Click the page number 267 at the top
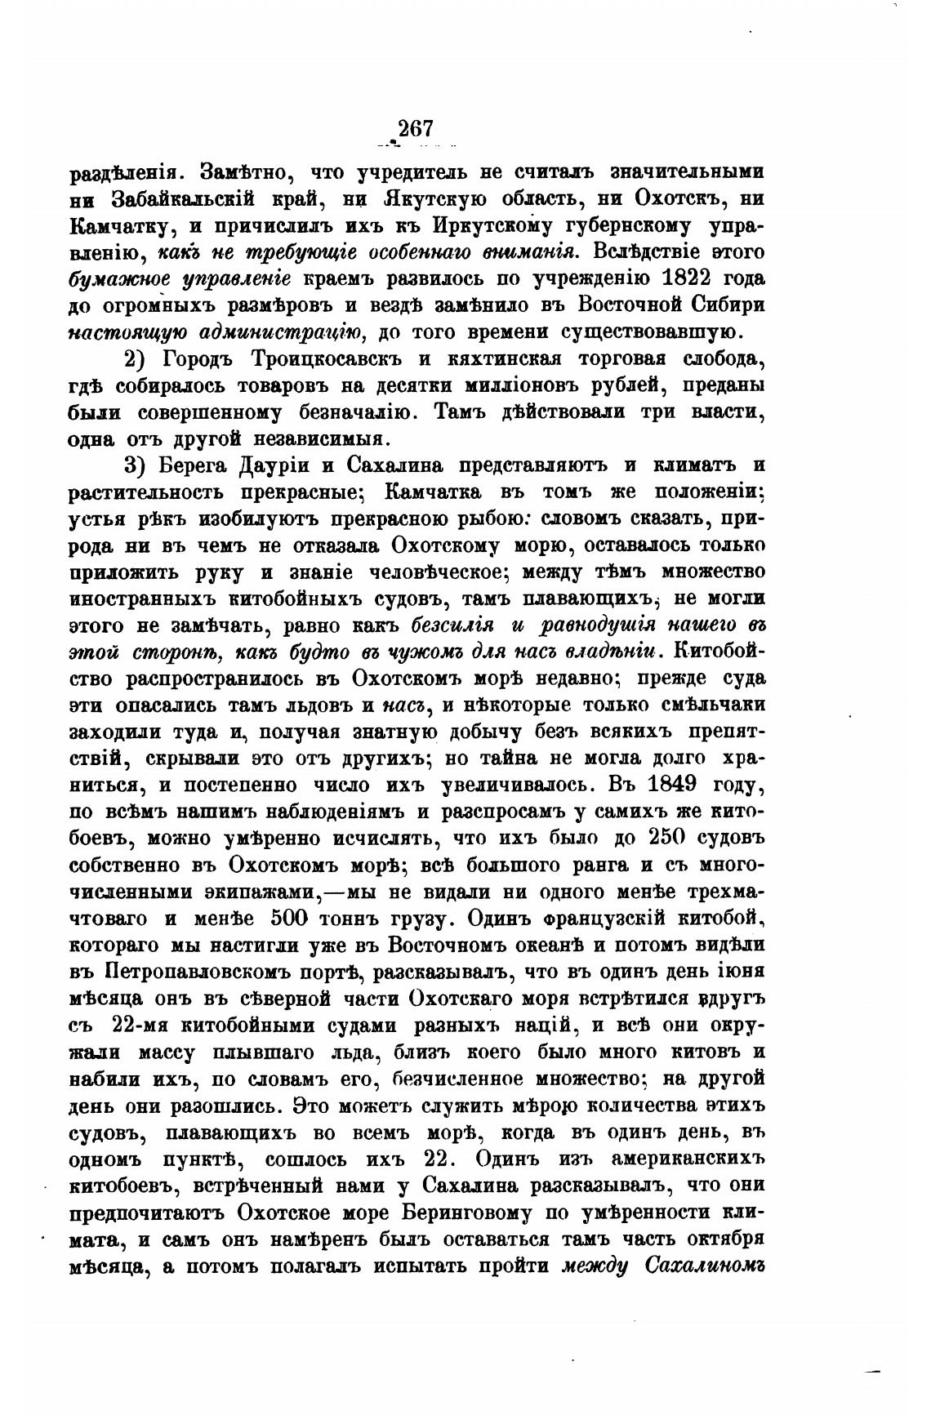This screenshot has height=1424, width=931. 414,128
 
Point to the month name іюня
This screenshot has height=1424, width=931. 746,971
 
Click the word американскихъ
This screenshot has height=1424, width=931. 692,1158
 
